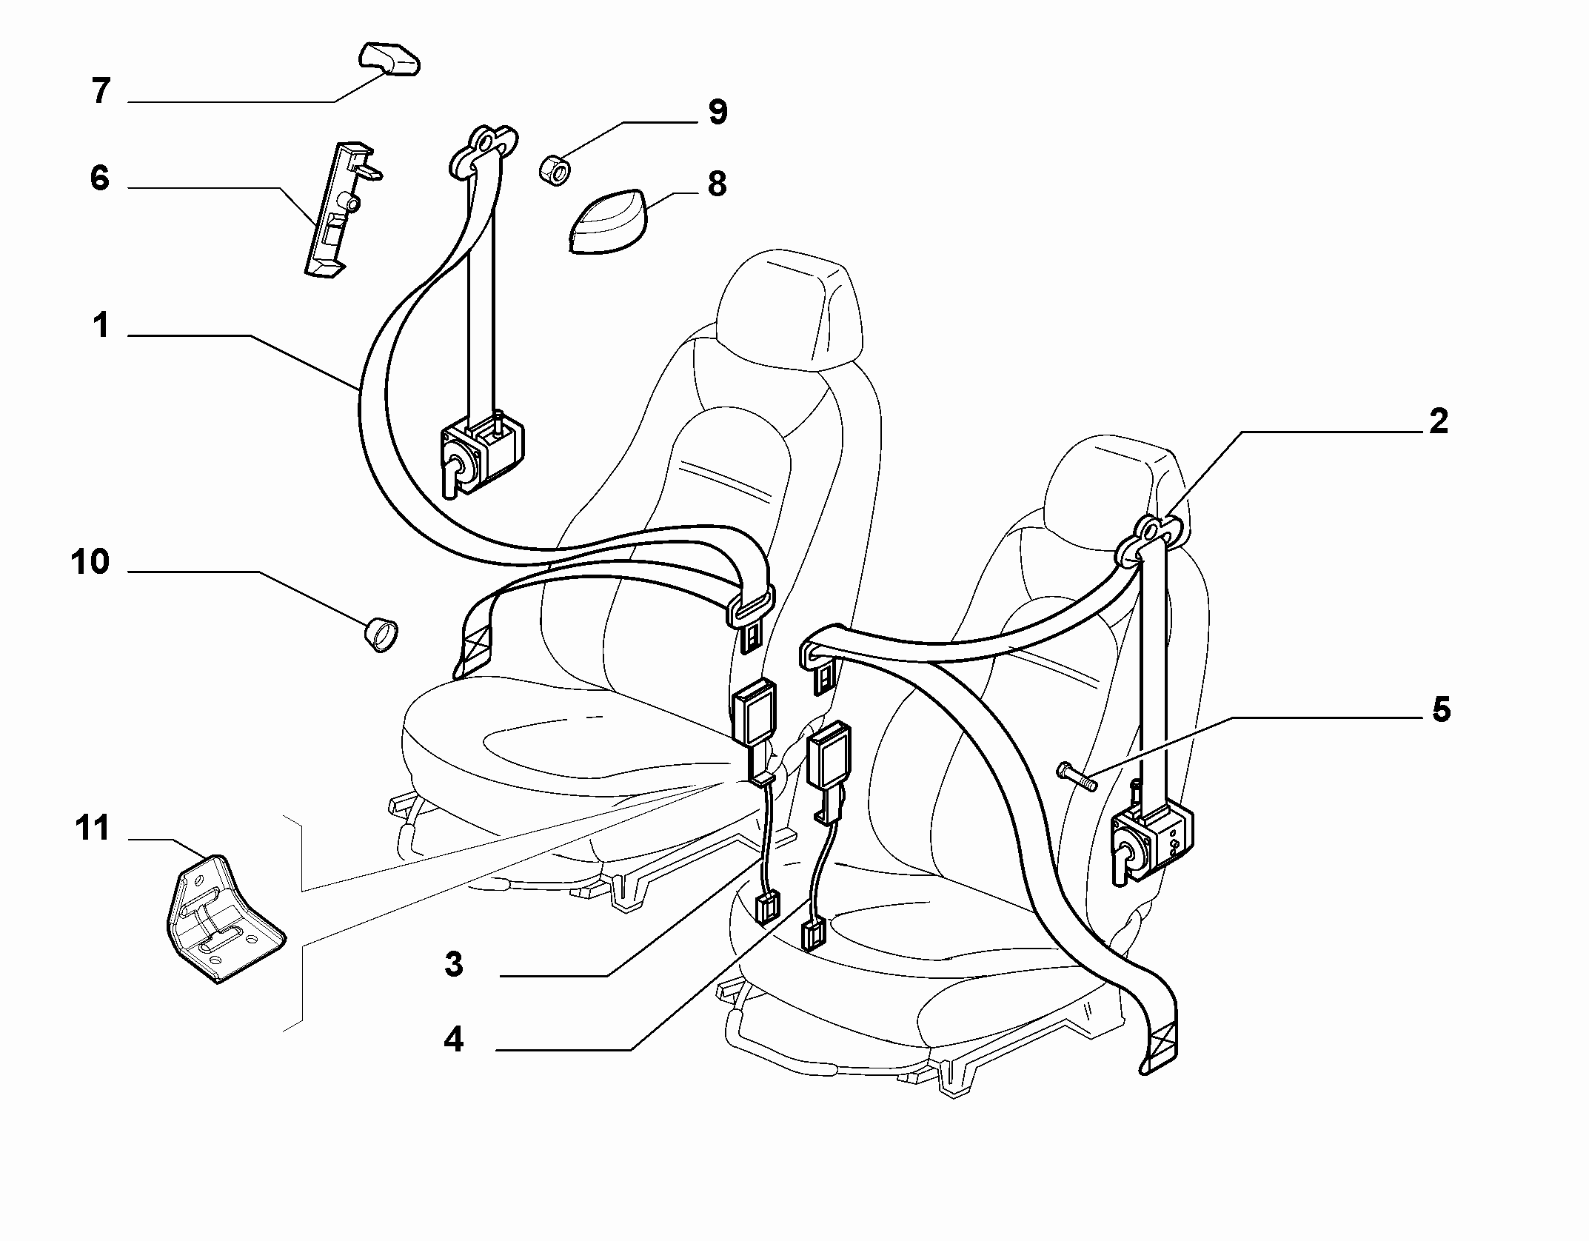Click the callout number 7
(x=101, y=92)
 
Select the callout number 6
(x=100, y=178)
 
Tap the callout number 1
(x=101, y=325)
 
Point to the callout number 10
(x=90, y=562)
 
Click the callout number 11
(x=92, y=829)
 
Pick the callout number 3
(x=454, y=965)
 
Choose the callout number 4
(x=453, y=1040)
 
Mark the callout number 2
(x=1438, y=421)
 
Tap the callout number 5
(x=1441, y=709)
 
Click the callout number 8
(x=717, y=184)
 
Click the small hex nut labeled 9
(x=555, y=167)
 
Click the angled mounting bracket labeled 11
(x=223, y=918)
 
